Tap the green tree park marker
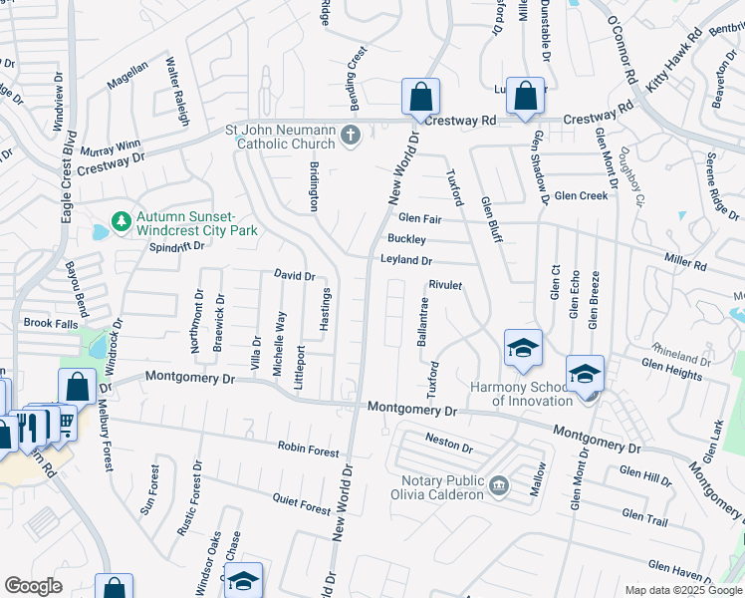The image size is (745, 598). [121, 220]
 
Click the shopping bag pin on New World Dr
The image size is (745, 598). [421, 98]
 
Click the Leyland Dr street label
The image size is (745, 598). [405, 261]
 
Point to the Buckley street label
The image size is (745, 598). [406, 239]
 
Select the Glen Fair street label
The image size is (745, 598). [419, 218]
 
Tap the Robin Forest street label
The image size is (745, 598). [309, 450]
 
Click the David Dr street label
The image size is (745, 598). [295, 276]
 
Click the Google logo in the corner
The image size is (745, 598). [33, 586]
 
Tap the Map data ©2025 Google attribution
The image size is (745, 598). [682, 590]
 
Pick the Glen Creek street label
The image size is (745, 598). [582, 196]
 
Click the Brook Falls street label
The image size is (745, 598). [50, 323]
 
